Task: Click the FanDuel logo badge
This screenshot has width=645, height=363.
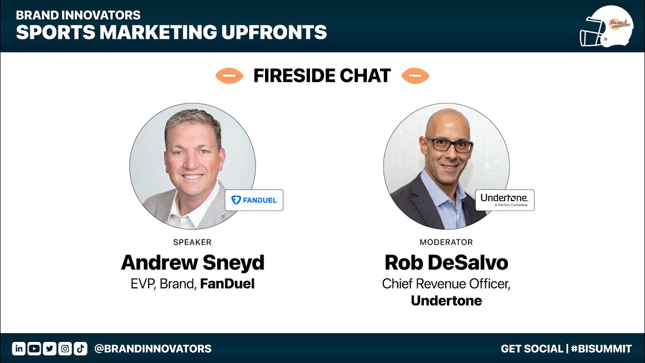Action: [x=253, y=200]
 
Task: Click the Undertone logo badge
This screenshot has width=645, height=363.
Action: [x=504, y=200]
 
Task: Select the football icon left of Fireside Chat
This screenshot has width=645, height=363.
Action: [x=229, y=76]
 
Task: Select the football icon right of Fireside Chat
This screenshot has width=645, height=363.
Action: [x=415, y=76]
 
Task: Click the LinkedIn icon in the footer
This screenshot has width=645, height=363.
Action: [x=19, y=348]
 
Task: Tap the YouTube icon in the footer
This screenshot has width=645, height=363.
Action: [x=34, y=348]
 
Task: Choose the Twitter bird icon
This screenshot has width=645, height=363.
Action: [x=49, y=348]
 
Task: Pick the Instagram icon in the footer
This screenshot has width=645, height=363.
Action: [x=65, y=348]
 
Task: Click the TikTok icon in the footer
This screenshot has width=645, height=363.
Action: [x=81, y=348]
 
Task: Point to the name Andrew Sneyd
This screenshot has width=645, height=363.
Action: [x=192, y=263]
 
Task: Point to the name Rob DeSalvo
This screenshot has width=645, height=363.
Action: [x=446, y=263]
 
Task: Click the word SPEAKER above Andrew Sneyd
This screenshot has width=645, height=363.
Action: [x=192, y=243]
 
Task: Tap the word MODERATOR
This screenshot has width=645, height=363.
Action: [x=446, y=243]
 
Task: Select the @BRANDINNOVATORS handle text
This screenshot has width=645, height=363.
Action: [x=153, y=348]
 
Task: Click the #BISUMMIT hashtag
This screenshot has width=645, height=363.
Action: [x=601, y=348]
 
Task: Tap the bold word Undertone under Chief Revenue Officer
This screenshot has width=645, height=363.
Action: [x=446, y=301]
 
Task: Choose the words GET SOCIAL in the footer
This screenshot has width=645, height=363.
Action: [x=532, y=348]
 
